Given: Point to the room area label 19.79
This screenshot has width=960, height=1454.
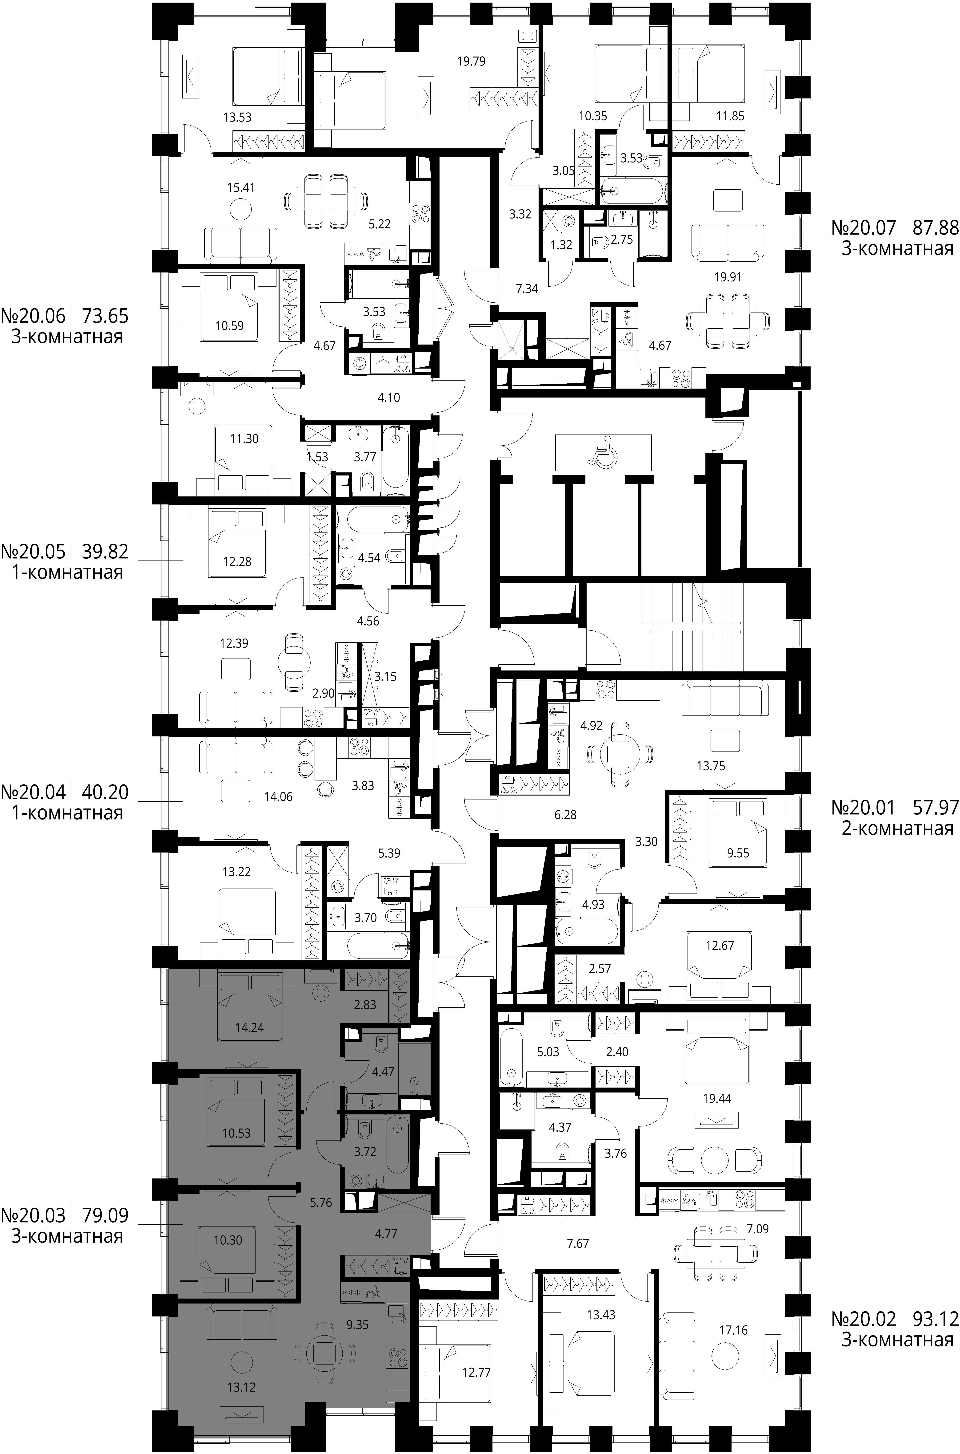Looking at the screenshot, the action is tap(471, 61).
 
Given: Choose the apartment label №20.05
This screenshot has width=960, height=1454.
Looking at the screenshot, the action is tap(32, 552).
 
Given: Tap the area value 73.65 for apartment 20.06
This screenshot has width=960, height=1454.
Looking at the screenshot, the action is tap(105, 316).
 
